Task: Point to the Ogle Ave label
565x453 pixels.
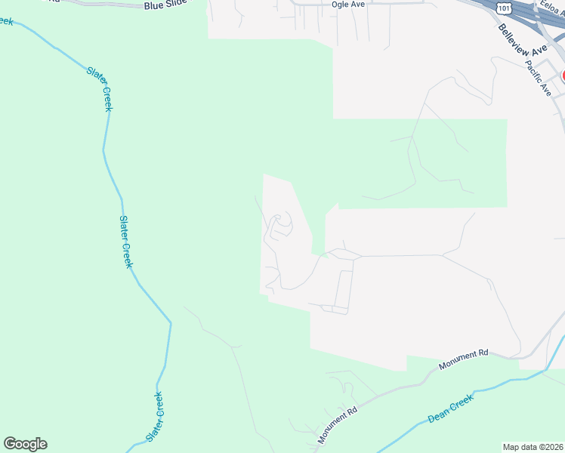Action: tap(348, 5)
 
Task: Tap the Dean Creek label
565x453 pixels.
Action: tap(450, 408)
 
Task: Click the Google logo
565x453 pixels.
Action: tap(25, 444)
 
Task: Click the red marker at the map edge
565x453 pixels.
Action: tap(562, 76)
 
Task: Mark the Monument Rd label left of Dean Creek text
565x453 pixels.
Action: tap(338, 423)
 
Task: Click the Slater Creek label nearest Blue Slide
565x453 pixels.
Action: tap(99, 88)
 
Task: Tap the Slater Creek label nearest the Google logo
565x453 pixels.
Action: tap(156, 418)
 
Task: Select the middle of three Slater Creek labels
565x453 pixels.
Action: tap(125, 242)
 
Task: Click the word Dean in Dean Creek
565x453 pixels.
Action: tap(439, 414)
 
